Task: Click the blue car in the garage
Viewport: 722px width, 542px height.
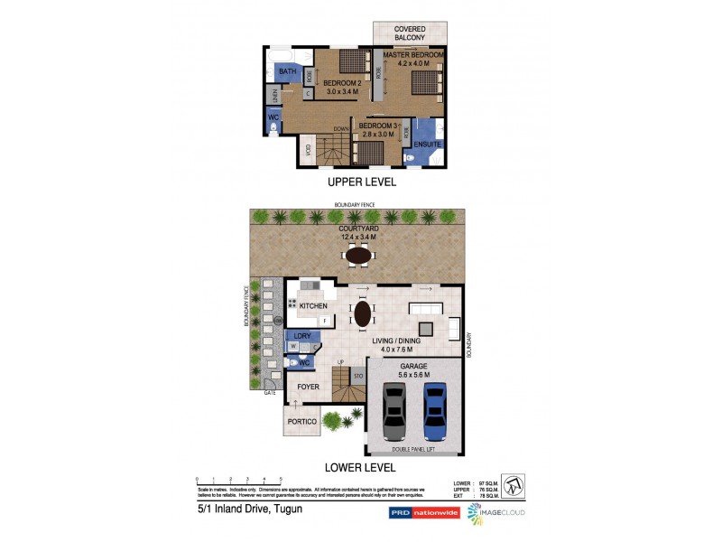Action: coord(435,411)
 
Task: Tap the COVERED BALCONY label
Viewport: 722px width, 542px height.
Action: coord(411,33)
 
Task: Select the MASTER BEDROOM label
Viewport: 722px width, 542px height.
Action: coord(413,55)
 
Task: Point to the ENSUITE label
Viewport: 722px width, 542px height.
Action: coord(427,144)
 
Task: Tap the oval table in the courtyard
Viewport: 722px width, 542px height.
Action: coord(358,256)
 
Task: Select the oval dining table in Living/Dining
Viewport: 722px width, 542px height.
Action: coord(362,313)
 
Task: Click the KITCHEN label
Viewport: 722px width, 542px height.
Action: coord(313,307)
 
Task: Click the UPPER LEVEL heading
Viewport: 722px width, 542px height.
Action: coord(361,182)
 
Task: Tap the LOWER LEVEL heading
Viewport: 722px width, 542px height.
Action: coord(361,468)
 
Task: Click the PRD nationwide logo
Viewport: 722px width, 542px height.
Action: coord(423,512)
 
